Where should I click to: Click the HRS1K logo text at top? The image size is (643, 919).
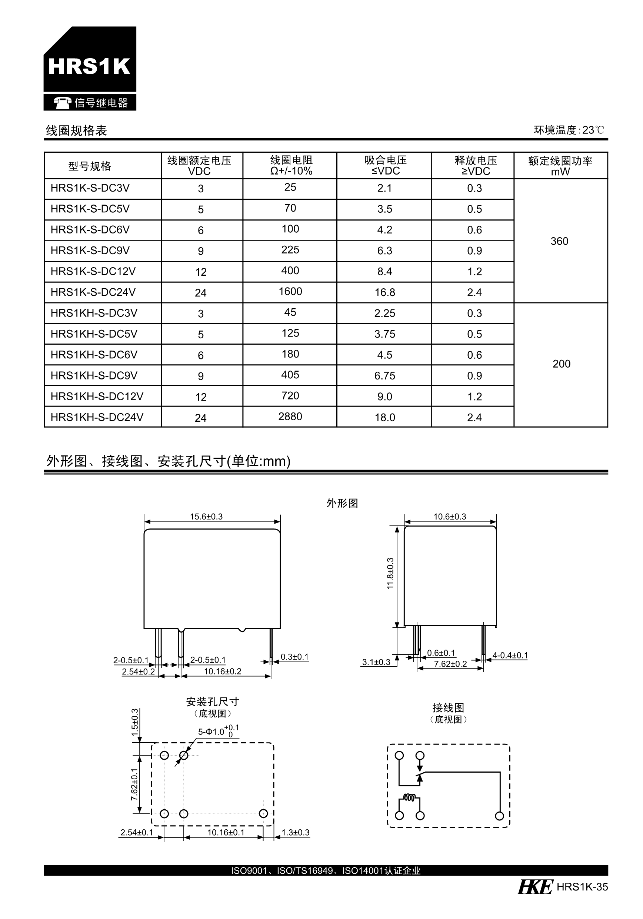coord(89,66)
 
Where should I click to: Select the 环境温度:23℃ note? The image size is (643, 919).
coord(569,130)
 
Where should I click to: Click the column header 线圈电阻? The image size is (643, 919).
coord(291,160)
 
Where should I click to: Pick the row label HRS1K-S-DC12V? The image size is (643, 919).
coord(93,271)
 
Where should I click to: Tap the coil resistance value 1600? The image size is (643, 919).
coord(290,291)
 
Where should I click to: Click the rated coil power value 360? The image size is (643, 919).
coord(559,241)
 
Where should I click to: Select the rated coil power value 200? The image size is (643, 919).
coord(561,364)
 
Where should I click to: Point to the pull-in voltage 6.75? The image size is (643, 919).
coord(384,376)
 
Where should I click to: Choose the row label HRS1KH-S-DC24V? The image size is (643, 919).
coord(97,417)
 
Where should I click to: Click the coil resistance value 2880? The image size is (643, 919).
coord(290,417)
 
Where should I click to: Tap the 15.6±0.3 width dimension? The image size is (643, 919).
coord(206,517)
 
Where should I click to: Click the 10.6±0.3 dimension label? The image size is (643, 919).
coord(450,517)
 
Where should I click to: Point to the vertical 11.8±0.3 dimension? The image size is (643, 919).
coord(390,573)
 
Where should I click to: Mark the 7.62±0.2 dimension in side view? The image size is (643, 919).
coord(450,664)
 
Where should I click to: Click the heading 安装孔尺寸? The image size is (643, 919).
coord(213,701)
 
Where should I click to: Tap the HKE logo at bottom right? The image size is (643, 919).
coord(535,887)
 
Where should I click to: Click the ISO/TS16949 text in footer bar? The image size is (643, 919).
coord(305,870)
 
